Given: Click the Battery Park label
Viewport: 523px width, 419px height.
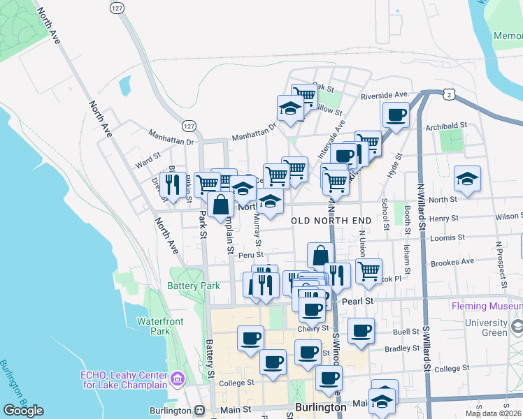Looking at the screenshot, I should [x=194, y=286].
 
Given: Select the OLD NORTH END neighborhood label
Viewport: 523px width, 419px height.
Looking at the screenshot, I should [x=330, y=221].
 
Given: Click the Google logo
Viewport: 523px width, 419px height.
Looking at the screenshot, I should [x=23, y=411].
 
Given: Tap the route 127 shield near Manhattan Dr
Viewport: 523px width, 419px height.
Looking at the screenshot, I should [x=187, y=126].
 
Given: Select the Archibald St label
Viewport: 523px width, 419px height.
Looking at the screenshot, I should [x=445, y=126].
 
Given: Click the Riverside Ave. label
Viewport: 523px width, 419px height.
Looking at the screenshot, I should [x=384, y=94].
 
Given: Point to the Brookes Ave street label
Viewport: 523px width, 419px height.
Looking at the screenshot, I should [x=452, y=263].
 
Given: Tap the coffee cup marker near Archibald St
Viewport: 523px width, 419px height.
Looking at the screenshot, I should [x=396, y=115].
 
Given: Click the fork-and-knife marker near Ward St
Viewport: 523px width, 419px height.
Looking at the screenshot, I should [x=172, y=185].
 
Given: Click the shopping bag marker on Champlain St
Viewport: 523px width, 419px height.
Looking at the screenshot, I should [x=221, y=205].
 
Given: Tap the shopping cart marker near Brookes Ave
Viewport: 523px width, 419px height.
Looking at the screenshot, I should [x=368, y=271].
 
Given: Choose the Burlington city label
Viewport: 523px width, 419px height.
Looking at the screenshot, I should [x=320, y=407].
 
